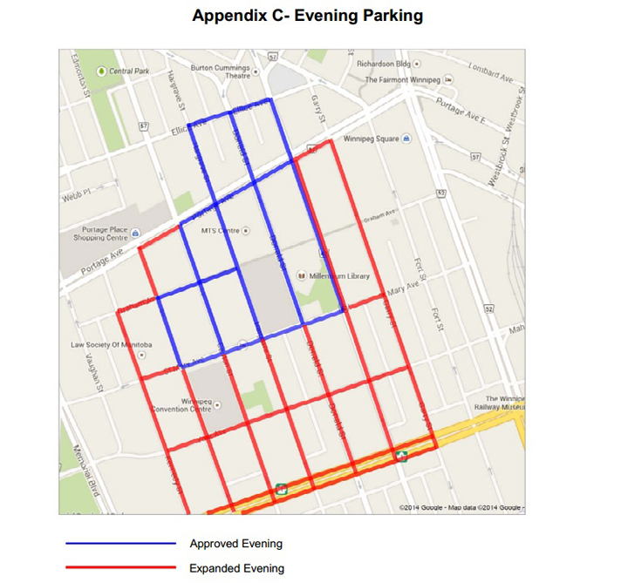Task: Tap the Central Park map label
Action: click(x=128, y=71)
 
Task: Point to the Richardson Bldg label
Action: click(x=384, y=64)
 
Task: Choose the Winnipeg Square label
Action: click(x=372, y=139)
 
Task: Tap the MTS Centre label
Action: click(x=220, y=230)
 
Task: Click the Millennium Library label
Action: click(x=338, y=276)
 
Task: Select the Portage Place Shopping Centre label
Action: click(x=105, y=234)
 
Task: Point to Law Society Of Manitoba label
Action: click(x=112, y=345)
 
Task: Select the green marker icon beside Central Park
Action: click(x=102, y=71)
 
